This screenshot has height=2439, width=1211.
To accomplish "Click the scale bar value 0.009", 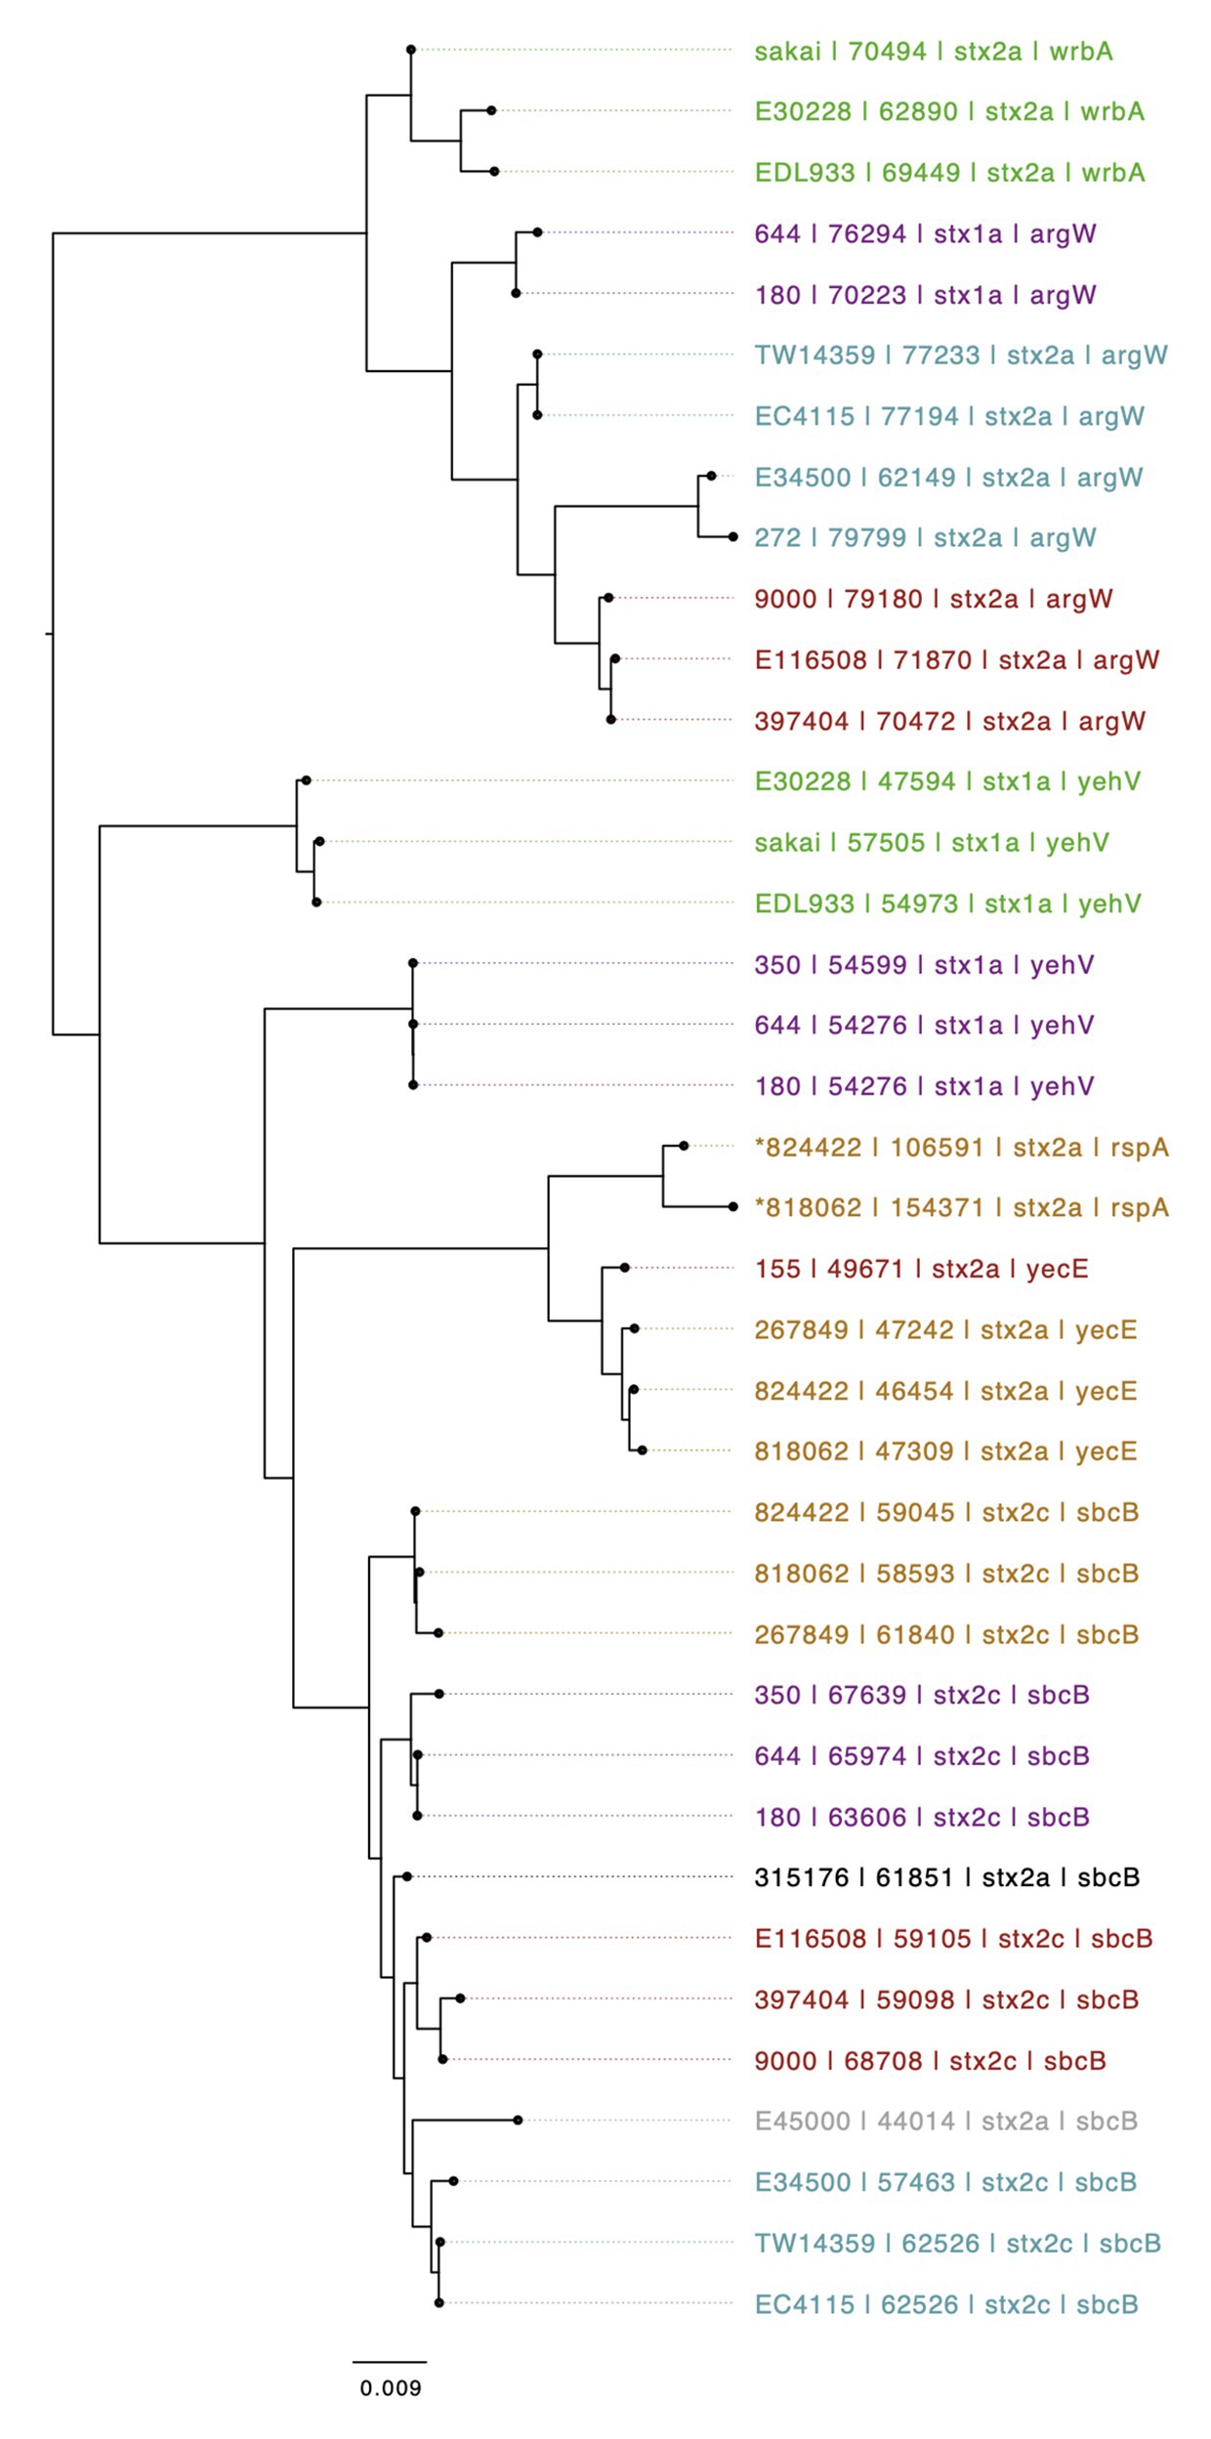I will click(x=390, y=2387).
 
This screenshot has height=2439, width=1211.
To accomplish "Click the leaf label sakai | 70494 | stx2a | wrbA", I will click(x=933, y=51).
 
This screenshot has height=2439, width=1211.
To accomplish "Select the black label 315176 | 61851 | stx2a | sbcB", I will click(x=946, y=1876).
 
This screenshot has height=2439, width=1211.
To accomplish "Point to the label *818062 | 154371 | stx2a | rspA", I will click(x=961, y=1207).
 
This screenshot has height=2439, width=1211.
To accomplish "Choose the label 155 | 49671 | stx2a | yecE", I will click(x=921, y=1269).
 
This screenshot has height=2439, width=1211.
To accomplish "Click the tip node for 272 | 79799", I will click(x=732, y=536).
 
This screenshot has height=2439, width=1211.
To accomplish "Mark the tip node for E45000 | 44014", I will click(x=518, y=2120).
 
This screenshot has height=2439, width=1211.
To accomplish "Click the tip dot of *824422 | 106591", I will click(x=684, y=1145).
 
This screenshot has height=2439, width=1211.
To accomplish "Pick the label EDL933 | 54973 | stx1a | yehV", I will click(x=947, y=904).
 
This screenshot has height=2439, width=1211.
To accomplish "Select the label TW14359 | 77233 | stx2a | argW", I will click(x=961, y=356).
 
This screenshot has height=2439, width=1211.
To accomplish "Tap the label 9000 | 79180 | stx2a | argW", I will click(x=933, y=599).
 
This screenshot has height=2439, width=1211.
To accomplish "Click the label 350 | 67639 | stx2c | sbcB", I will click(x=921, y=1694).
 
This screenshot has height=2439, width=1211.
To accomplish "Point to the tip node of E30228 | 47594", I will click(x=306, y=779).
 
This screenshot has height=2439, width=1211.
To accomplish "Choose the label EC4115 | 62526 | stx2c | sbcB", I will click(x=945, y=2304).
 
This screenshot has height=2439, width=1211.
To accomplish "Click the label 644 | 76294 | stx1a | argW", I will click(x=925, y=234).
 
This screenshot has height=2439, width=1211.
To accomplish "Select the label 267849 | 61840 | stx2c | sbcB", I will click(x=945, y=1634).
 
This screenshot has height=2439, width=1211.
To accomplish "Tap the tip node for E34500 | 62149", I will click(x=711, y=476).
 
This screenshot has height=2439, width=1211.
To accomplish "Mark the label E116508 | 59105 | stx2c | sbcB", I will click(x=953, y=1938).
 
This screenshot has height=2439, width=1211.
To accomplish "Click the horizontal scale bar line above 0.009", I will click(x=390, y=2362).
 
